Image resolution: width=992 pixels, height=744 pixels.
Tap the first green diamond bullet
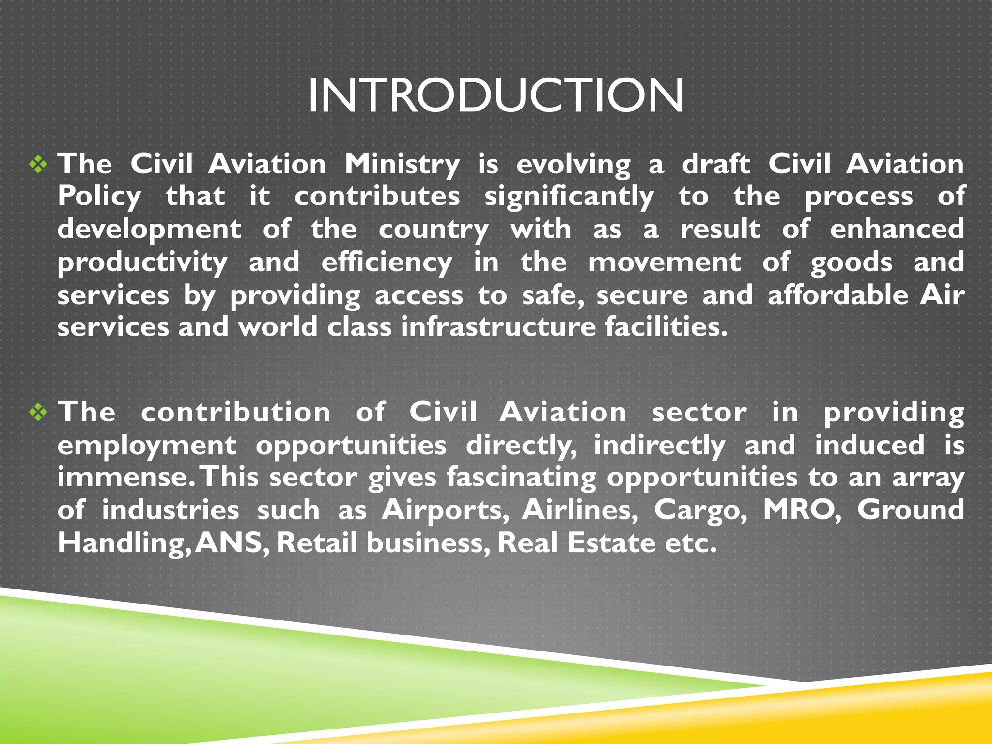[x=38, y=165]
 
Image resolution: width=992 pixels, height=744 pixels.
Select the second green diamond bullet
[x=38, y=413]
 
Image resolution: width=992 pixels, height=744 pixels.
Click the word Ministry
[x=402, y=165]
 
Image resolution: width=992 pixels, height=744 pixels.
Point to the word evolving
[x=573, y=165]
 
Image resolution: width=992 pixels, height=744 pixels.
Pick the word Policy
[x=99, y=197]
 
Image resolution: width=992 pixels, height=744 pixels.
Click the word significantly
[x=569, y=197]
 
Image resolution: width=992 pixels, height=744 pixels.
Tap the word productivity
[x=142, y=263]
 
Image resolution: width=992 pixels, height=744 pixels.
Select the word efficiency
[x=387, y=263]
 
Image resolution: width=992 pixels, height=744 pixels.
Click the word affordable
[x=838, y=295]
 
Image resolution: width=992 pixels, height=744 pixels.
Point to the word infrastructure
[x=498, y=327]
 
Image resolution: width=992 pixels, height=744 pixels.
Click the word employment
[x=147, y=446]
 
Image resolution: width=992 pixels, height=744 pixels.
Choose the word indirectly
[x=660, y=446]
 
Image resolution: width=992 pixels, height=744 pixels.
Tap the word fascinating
[x=522, y=478]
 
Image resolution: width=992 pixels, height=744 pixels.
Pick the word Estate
[x=612, y=542]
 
